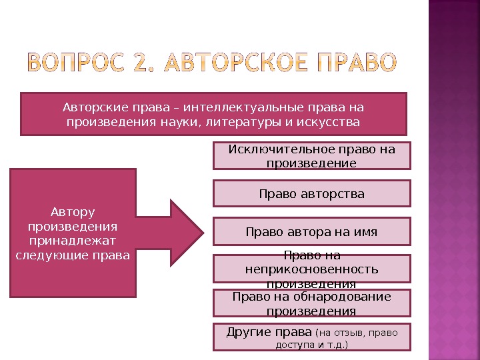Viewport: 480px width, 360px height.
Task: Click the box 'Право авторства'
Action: pyautogui.click(x=311, y=194)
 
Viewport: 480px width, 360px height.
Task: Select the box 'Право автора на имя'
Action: pyautogui.click(x=311, y=232)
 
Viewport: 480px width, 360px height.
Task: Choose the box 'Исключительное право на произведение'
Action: pyautogui.click(x=311, y=156)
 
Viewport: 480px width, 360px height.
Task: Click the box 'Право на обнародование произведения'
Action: pyautogui.click(x=311, y=303)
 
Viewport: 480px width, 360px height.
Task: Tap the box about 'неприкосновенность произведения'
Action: pyautogui.click(x=311, y=269)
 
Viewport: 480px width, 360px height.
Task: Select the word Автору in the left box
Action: pyautogui.click(x=73, y=212)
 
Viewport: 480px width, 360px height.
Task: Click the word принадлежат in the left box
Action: pyautogui.click(x=73, y=241)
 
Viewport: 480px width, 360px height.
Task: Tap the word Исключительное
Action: pyautogui.click(x=273, y=149)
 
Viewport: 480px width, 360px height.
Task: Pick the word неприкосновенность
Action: pyautogui.click(x=311, y=269)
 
